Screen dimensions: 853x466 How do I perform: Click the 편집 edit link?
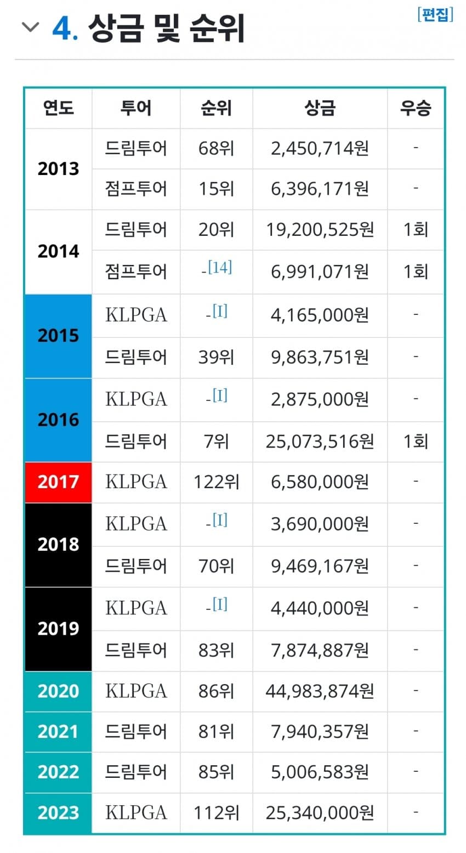click(x=435, y=15)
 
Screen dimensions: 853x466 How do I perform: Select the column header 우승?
click(x=415, y=108)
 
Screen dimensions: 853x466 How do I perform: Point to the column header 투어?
click(x=135, y=108)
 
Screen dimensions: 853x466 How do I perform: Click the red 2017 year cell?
click(x=58, y=482)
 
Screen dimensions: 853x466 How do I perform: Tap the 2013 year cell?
click(x=58, y=168)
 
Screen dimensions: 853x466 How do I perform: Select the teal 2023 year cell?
click(x=58, y=812)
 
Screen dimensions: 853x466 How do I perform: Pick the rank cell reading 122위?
click(x=216, y=482)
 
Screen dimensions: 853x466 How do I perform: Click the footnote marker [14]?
click(x=220, y=267)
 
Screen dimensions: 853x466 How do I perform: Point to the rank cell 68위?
click(x=216, y=148)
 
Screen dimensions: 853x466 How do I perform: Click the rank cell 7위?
click(x=216, y=441)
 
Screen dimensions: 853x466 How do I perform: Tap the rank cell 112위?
click(x=216, y=812)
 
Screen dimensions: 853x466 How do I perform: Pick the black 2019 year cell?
click(x=58, y=628)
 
